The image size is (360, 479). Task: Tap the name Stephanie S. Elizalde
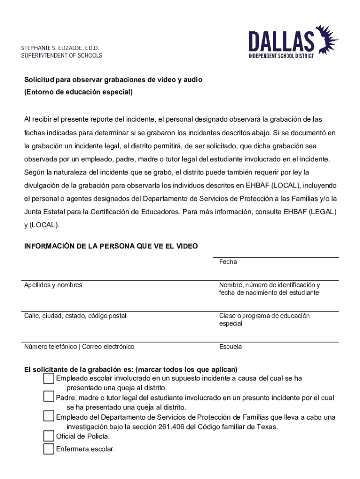click(x=60, y=48)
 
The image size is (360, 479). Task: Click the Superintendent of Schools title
click(x=61, y=56)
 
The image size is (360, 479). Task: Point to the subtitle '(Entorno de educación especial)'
click(x=79, y=92)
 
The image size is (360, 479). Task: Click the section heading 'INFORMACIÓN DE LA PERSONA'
click(x=111, y=246)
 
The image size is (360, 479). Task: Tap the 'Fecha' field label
click(x=228, y=262)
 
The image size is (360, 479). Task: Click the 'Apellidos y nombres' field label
click(x=53, y=285)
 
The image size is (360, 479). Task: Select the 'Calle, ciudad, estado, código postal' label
click(x=75, y=316)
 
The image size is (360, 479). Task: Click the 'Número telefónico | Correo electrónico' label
click(x=79, y=347)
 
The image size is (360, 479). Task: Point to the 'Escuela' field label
click(x=230, y=347)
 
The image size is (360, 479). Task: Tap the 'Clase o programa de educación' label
click(x=264, y=316)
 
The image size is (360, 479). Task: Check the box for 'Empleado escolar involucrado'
click(x=49, y=378)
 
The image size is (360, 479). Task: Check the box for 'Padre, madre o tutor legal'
click(x=49, y=398)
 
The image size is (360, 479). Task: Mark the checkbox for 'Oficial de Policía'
click(x=49, y=436)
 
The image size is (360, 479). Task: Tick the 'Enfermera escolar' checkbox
click(x=49, y=449)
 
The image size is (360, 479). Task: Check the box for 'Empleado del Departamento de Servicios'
click(x=49, y=417)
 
